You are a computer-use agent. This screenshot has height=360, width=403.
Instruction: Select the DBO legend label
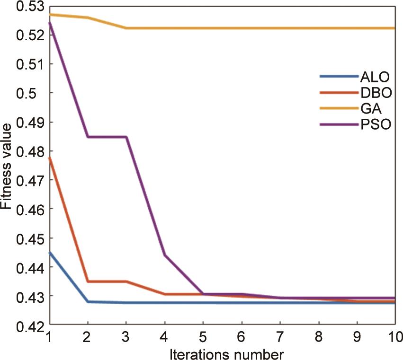tap(376, 93)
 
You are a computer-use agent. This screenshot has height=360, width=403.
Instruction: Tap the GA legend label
tap(372, 109)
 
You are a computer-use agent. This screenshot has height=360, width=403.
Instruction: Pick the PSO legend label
tap(376, 126)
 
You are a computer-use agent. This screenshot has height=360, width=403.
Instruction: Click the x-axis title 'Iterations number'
tap(222, 353)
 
